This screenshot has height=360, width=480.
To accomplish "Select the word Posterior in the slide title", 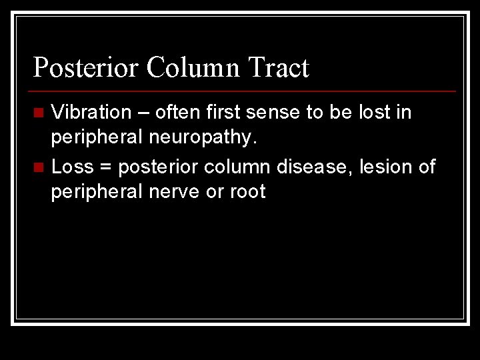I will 85,68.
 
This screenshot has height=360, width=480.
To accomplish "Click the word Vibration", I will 91,112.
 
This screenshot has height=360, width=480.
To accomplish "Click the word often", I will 174,112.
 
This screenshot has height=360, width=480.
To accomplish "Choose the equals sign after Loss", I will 105,167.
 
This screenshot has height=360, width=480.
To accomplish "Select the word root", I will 248,192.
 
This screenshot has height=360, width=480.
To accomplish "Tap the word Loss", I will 72,167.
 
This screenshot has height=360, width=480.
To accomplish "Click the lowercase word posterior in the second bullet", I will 155,167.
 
